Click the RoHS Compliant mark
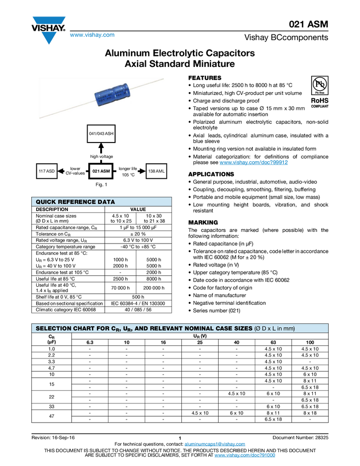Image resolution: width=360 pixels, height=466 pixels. tap(320, 103)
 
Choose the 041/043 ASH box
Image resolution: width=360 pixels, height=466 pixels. tap(101, 134)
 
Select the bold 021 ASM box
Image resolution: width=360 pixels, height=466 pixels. tap(101, 172)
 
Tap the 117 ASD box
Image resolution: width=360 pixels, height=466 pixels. tap(47, 172)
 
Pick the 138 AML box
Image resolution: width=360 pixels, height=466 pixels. tap(156, 172)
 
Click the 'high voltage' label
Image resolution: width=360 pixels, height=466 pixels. tap(101, 157)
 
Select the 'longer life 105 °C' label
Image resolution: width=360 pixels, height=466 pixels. tap(128, 171)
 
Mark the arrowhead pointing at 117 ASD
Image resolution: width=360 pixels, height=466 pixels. tap(60, 172)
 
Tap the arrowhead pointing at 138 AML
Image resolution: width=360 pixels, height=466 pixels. tap(142, 172)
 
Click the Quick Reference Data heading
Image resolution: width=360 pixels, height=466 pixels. tap(75, 202)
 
